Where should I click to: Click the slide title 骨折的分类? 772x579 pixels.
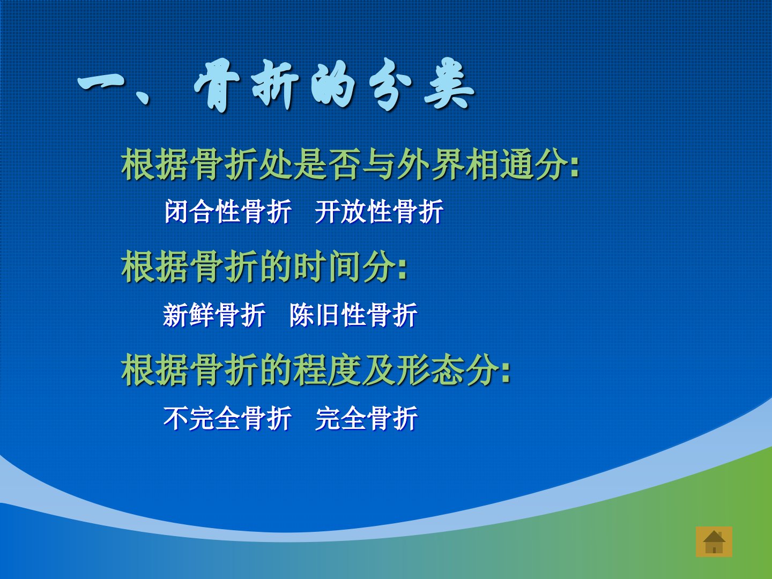(x=334, y=85)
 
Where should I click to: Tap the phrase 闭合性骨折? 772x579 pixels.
(x=228, y=211)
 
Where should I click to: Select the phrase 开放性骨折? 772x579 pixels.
(x=379, y=211)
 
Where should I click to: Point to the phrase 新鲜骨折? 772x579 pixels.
(x=214, y=315)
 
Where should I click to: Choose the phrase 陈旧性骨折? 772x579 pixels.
(x=353, y=315)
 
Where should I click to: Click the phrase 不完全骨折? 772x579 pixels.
(x=227, y=418)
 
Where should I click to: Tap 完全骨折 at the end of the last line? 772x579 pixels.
(x=367, y=418)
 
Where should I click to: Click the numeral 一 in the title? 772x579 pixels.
(x=101, y=85)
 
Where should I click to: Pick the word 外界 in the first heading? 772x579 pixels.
(x=430, y=164)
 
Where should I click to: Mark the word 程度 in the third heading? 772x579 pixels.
(x=329, y=369)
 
